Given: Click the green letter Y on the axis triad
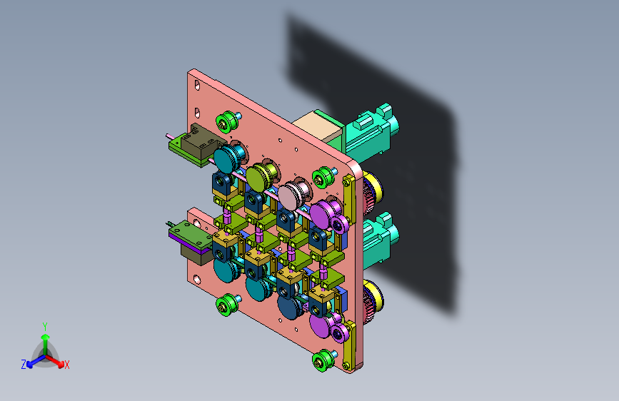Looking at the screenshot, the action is (45, 327).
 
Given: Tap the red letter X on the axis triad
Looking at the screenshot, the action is (66, 365).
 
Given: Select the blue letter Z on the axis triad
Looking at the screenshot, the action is (24, 365).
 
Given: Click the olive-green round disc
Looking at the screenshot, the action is (256, 178).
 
